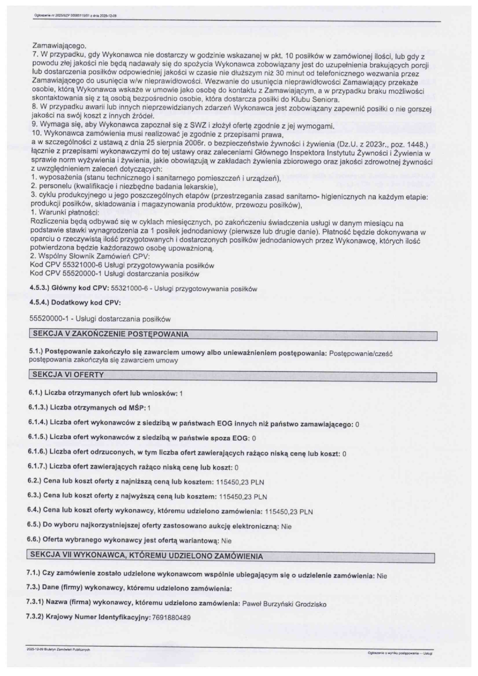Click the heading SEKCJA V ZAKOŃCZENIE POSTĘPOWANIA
coord(111,334)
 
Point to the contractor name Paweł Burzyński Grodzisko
coord(284,604)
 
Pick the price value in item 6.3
coord(243,497)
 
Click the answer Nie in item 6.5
coord(286,526)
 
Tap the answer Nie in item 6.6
coord(226,541)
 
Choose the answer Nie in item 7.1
coord(382,576)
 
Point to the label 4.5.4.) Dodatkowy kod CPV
coord(75,303)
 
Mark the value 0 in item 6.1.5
coord(254,439)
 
